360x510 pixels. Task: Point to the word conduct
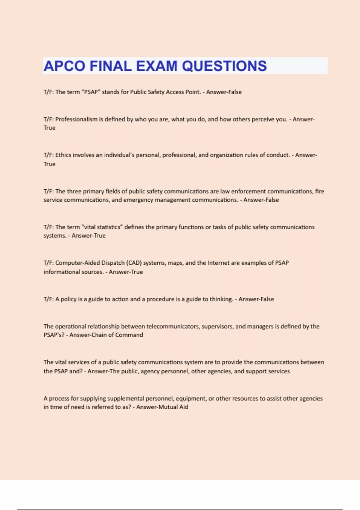[278, 155]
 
